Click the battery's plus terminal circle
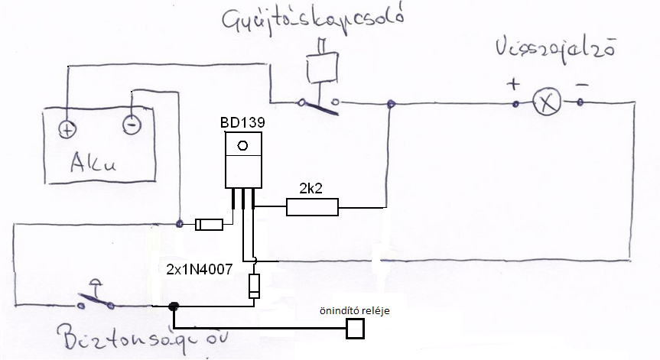click(67, 129)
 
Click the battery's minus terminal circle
click(131, 122)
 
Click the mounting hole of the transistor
click(242, 145)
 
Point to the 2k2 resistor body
click(311, 206)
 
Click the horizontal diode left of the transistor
click(210, 224)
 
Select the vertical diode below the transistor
click(255, 287)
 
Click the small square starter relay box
click(355, 328)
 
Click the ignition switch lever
click(320, 103)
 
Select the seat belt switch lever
click(95, 295)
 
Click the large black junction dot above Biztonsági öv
click(174, 306)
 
